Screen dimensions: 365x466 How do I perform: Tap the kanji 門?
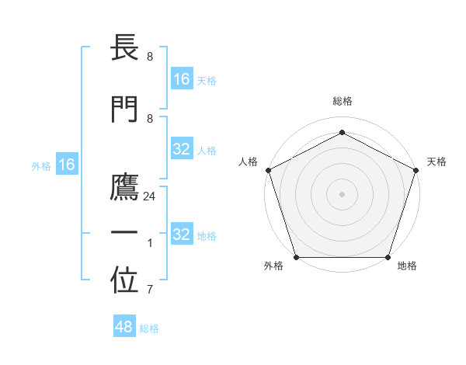click(125, 110)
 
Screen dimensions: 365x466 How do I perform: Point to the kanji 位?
click(125, 282)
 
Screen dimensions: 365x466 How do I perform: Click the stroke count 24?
click(150, 196)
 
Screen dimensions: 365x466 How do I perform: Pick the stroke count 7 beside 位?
click(150, 290)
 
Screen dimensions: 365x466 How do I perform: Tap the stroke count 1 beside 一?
click(150, 243)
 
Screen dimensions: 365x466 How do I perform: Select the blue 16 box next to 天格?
click(182, 79)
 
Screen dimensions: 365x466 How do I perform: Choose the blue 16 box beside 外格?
click(67, 165)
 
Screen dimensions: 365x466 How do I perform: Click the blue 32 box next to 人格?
click(182, 150)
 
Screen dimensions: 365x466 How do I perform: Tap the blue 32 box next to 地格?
click(182, 235)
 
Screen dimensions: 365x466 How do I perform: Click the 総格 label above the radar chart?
click(343, 101)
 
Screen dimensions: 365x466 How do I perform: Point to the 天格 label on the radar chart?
click(436, 162)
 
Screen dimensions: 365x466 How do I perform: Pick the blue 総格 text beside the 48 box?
click(149, 328)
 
